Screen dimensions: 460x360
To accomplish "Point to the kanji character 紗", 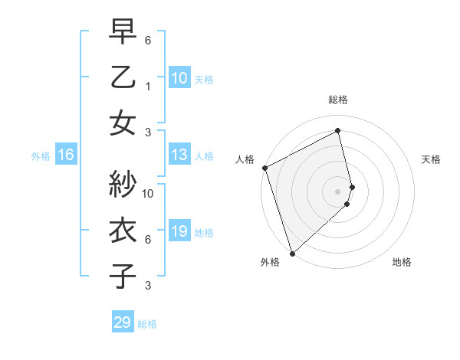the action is click(123, 184).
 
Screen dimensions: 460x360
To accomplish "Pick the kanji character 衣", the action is click(123, 231).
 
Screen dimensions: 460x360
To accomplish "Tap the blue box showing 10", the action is click(179, 77).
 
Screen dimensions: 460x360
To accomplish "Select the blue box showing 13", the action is click(179, 155).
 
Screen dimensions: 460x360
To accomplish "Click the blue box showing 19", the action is click(179, 231).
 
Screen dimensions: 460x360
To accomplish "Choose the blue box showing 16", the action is click(66, 155).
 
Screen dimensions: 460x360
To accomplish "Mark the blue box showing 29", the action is click(122, 322).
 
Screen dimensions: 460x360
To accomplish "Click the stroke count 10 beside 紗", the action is click(148, 193).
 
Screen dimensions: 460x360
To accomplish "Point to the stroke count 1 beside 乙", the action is click(148, 87).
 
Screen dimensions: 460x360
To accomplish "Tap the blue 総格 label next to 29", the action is click(147, 323).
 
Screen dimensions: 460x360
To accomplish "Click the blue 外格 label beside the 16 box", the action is click(41, 155).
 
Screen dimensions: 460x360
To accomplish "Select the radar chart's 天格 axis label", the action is click(432, 159).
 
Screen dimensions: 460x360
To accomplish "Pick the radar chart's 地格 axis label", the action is click(402, 262).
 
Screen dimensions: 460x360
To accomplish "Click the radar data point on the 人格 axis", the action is click(264, 168).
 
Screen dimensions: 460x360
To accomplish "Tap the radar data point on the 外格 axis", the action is click(291, 253).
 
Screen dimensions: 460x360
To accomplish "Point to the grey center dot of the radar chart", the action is click(337, 191).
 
